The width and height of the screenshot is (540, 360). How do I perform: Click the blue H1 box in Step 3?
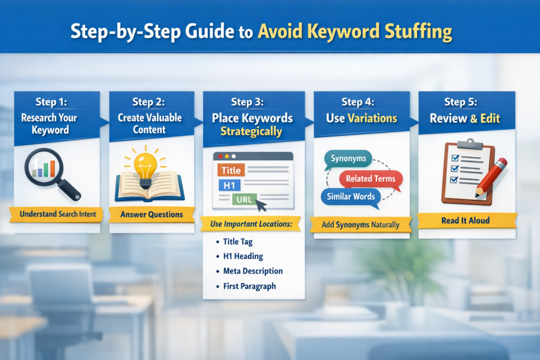tap(229, 185)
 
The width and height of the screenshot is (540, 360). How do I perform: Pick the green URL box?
tap(244, 199)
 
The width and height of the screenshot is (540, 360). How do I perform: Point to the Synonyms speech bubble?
tap(349, 159)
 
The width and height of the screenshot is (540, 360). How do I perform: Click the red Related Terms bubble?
tap(371, 179)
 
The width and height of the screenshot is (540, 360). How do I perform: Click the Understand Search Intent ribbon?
tap(56, 215)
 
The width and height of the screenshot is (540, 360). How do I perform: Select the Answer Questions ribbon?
tap(151, 215)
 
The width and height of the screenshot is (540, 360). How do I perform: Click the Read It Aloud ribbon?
tap(466, 221)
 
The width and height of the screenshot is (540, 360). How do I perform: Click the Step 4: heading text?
tap(359, 102)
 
